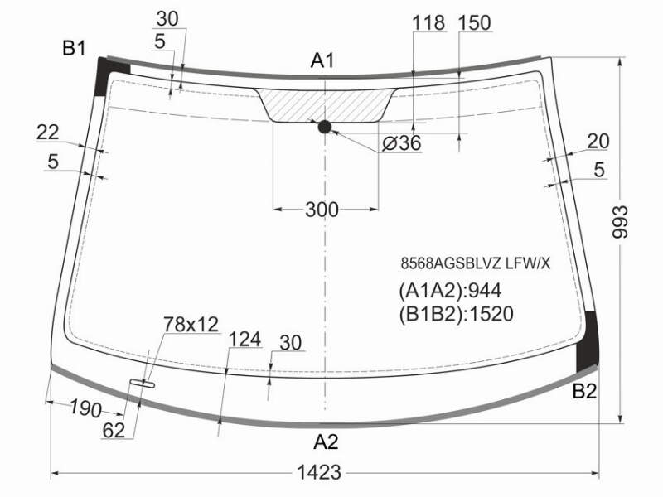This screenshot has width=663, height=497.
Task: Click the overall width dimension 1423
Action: click(319, 472)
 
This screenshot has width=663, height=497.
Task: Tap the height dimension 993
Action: click(620, 222)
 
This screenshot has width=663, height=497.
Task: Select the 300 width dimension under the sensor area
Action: click(322, 210)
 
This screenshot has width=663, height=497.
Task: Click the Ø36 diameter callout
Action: click(402, 142)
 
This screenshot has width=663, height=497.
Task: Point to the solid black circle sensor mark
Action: click(324, 127)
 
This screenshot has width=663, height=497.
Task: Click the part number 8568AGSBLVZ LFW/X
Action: click(476, 263)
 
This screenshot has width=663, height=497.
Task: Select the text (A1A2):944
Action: click(450, 291)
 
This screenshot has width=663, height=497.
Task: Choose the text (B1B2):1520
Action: click(456, 314)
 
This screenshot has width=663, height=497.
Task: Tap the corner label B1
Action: click(74, 48)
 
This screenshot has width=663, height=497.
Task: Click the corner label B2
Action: click(584, 391)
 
